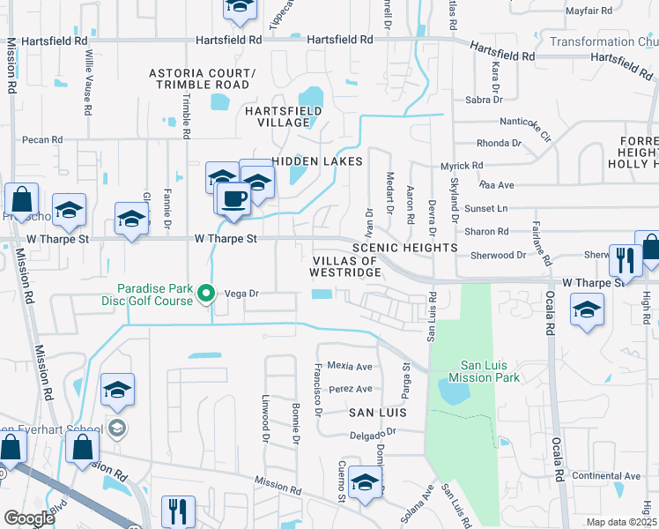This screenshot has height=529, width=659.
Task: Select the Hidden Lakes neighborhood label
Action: click(x=317, y=161)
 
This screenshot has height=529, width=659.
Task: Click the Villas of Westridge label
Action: click(x=346, y=266)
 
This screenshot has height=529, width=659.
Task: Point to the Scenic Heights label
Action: click(x=404, y=249)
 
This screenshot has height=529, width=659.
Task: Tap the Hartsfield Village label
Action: click(x=286, y=116)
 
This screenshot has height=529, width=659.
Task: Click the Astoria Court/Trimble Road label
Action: click(x=203, y=78)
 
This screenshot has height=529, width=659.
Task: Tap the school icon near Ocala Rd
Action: click(x=587, y=310)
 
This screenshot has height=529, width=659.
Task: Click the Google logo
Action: click(x=29, y=518)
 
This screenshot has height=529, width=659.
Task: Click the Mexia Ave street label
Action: click(x=350, y=365)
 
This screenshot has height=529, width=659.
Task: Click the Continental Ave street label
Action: click(x=606, y=476)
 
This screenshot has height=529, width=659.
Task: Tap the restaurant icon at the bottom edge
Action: click(x=178, y=511)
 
